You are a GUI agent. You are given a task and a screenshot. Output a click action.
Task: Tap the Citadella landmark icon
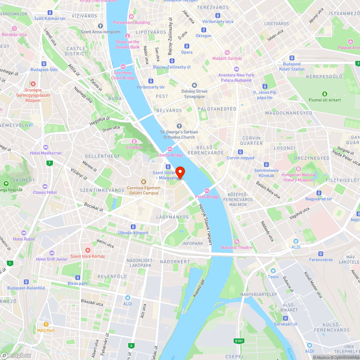(134, 141)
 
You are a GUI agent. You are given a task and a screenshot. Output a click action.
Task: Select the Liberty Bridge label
(170, 155)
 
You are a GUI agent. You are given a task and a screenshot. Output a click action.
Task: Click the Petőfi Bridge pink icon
(207, 191)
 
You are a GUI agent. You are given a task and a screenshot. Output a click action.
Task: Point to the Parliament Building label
(131, 22)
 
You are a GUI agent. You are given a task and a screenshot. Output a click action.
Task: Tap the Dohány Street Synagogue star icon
(195, 85)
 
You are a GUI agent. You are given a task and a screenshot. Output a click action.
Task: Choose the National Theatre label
(237, 247)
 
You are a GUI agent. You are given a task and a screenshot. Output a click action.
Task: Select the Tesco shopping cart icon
(273, 270)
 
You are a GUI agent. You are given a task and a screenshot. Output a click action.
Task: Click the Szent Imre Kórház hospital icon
(87, 250)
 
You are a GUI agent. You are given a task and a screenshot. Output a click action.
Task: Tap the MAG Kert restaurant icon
(46, 324)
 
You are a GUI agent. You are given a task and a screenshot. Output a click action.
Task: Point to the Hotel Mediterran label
(46, 153)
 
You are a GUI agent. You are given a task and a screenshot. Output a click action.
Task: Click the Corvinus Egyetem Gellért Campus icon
(143, 182)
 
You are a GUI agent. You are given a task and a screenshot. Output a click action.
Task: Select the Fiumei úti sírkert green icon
(325, 94)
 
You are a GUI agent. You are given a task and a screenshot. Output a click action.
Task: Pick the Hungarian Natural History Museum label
(298, 177)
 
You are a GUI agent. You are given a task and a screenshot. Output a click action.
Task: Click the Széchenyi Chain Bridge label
(123, 75)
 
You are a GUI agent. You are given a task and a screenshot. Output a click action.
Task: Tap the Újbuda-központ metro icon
(133, 227)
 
